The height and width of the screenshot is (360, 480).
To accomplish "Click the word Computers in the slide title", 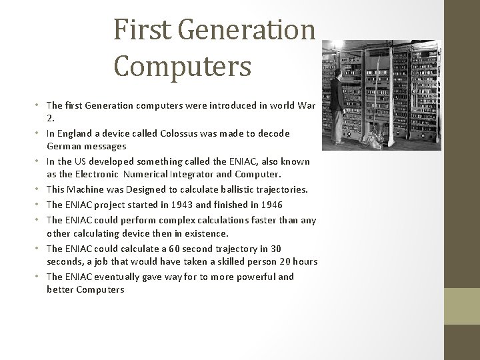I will (182, 66).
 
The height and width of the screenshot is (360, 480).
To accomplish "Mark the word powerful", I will (249, 277).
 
